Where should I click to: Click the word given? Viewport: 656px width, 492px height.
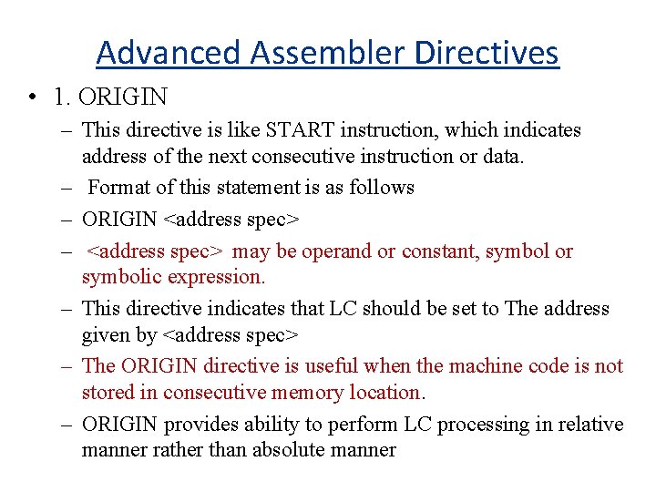pyautogui.click(x=106, y=334)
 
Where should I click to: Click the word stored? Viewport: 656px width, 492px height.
pyautogui.click(x=108, y=393)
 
